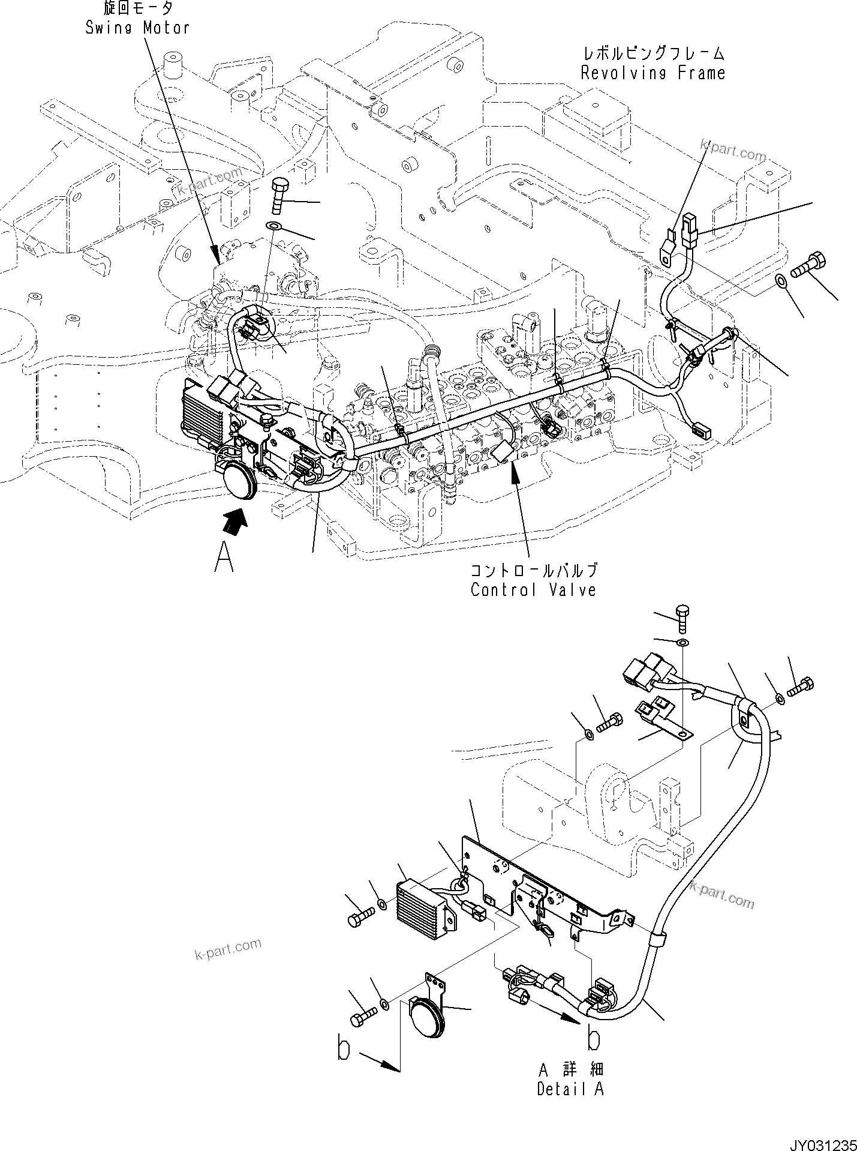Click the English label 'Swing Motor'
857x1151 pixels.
(137, 28)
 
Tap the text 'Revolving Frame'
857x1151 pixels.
(652, 73)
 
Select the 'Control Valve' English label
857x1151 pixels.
(533, 589)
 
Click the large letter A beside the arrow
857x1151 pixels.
(224, 557)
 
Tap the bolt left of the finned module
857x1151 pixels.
(360, 932)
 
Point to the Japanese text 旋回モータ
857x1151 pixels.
(137, 8)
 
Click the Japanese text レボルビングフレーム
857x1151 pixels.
(652, 53)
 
